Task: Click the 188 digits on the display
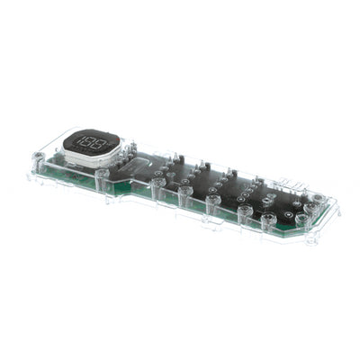point(87,142)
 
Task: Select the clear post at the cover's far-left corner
point(39,163)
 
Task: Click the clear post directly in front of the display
point(103,177)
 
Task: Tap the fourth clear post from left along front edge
point(184,196)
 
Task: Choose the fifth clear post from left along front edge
point(213,204)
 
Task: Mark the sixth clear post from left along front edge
point(244,213)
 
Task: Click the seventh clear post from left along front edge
point(268,220)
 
